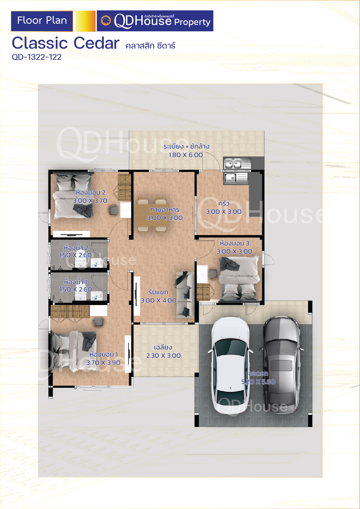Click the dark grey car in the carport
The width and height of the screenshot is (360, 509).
[x=281, y=364]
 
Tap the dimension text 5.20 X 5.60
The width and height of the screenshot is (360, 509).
[x=258, y=382]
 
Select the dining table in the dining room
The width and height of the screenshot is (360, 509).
[x=152, y=215]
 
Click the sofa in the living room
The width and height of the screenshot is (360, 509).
[x=185, y=294]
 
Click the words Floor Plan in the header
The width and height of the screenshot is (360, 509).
[x=42, y=21]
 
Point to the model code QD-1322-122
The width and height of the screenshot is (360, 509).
[x=37, y=57]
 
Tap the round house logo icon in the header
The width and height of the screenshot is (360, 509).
[x=106, y=21]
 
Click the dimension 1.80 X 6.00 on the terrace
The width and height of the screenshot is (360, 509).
[x=186, y=155]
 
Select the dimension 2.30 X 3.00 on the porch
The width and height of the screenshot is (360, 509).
[x=163, y=356]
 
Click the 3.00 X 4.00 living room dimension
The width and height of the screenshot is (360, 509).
[x=159, y=301]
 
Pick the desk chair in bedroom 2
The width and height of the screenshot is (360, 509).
[x=114, y=210]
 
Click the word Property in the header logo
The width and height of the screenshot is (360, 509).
[x=192, y=22]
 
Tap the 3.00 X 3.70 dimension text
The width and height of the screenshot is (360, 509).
[x=90, y=201]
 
